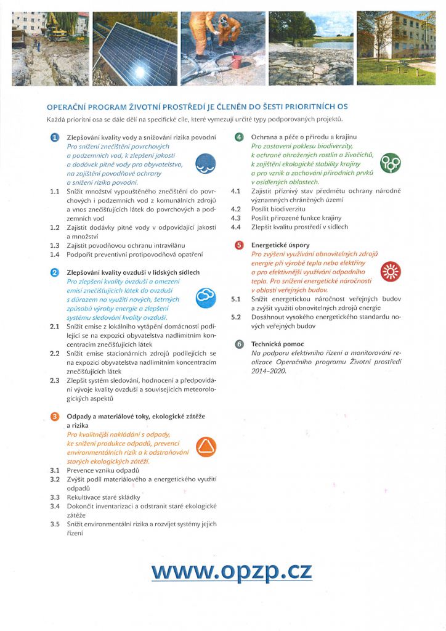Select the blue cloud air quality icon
click(x=205, y=298)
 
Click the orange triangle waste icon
click(x=205, y=446)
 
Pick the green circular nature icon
click(x=391, y=163)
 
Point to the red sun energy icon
click(x=391, y=271)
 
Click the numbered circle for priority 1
click(x=54, y=137)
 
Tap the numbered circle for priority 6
click(x=240, y=344)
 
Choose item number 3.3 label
click(x=54, y=497)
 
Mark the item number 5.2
click(x=235, y=317)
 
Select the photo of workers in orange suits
click(x=223, y=49)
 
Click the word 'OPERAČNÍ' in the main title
click(x=71, y=107)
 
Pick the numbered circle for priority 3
click(x=54, y=417)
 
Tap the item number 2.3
click(x=54, y=380)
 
